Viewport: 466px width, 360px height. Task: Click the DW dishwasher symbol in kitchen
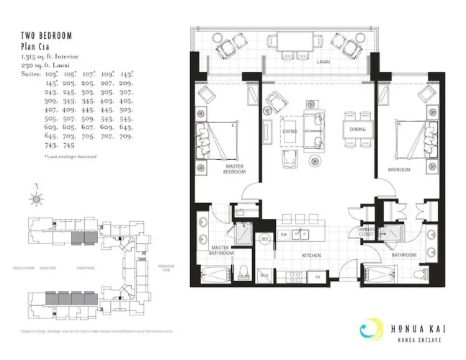coord(284,235)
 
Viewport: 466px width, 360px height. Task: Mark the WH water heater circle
coord(264,238)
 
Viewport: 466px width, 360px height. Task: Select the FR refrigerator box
coord(316,276)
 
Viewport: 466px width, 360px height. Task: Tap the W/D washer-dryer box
coord(264,275)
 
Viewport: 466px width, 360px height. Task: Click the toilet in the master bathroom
coord(244,272)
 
